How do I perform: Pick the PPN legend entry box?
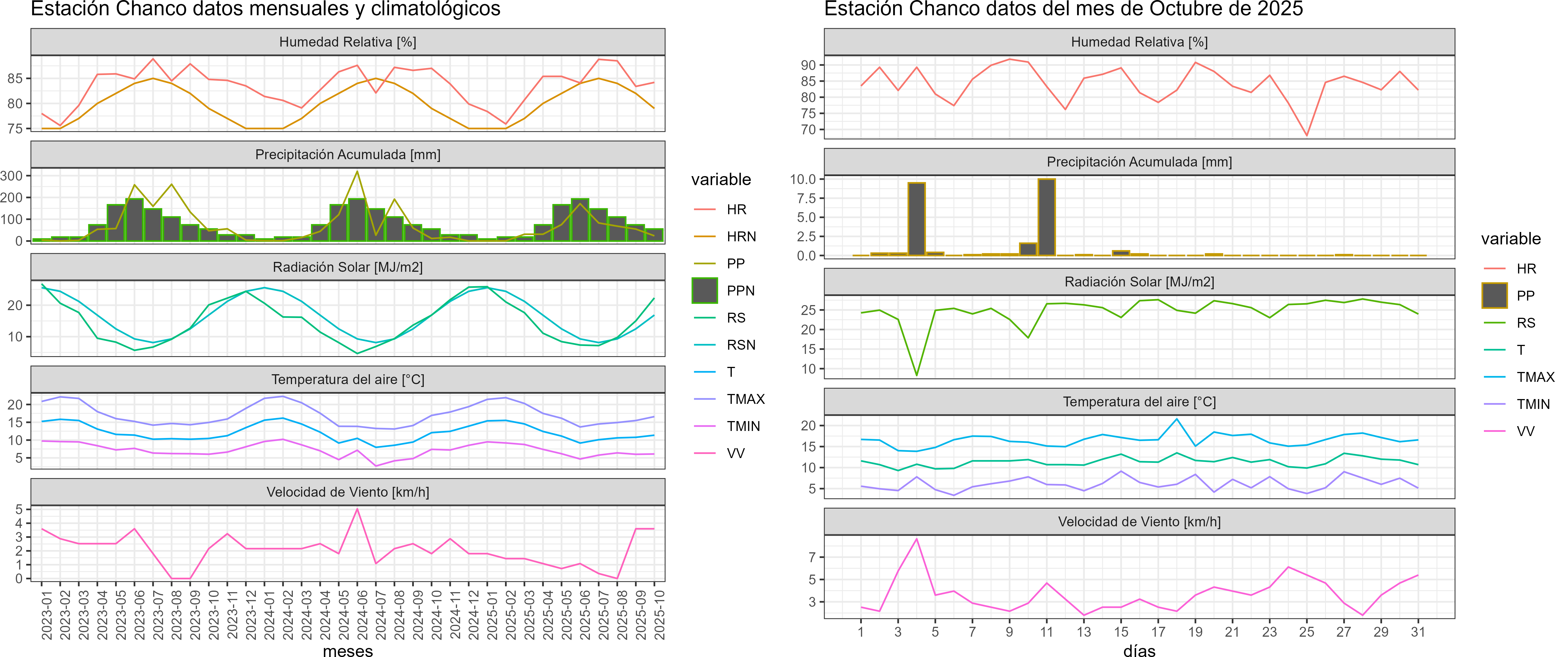coord(704,290)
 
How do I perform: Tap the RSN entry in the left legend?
coord(741,345)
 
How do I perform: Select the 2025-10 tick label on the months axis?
coord(659,615)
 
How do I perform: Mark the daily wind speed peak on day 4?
coord(916,539)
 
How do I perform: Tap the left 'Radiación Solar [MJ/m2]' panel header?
coord(348,267)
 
